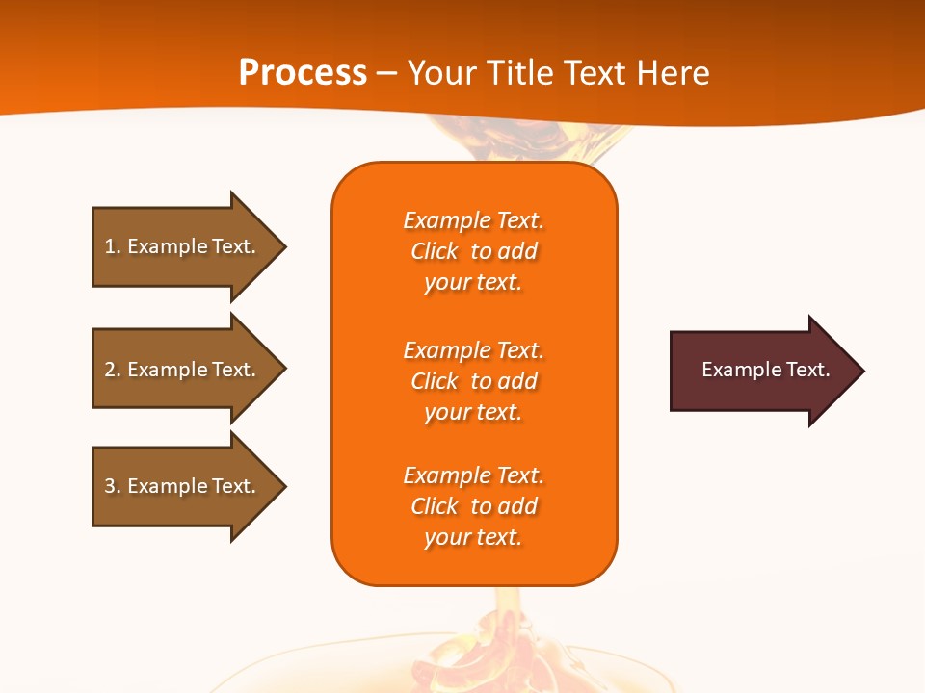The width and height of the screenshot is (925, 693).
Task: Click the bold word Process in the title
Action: [303, 73]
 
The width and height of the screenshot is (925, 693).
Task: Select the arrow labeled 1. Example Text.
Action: [183, 246]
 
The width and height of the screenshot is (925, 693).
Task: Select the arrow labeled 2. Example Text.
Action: [183, 370]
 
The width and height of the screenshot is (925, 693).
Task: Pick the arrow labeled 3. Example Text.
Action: [183, 486]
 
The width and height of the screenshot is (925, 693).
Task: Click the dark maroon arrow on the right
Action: [761, 371]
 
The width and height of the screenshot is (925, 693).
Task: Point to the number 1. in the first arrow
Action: [112, 246]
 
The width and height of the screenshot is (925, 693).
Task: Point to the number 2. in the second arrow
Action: [112, 370]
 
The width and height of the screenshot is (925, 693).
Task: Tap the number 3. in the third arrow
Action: [112, 486]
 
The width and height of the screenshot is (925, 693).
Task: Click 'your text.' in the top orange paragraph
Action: [473, 283]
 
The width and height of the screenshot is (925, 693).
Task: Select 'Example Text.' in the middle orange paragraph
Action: [473, 350]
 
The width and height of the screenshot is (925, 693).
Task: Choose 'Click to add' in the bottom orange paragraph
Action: [473, 506]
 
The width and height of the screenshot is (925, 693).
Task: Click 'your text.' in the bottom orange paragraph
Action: [473, 538]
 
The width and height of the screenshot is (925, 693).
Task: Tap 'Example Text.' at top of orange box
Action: [473, 221]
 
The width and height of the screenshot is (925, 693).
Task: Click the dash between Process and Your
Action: [387, 73]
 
